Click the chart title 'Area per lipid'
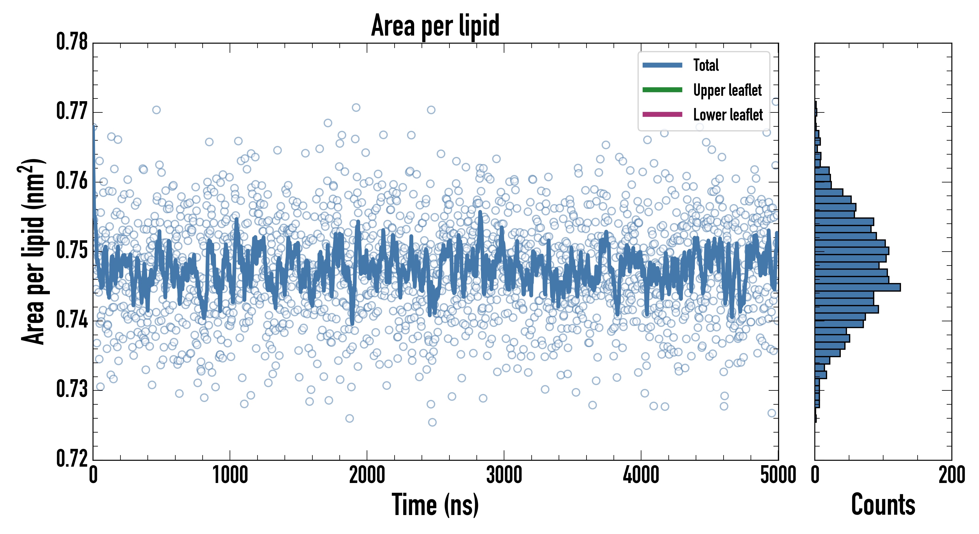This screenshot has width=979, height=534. [435, 26]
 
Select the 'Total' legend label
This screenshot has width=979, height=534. [706, 65]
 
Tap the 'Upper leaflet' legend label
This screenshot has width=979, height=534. [727, 90]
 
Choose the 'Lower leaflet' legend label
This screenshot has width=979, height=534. [728, 115]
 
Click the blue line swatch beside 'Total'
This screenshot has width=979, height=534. [662, 65]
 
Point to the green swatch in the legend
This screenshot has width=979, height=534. [662, 90]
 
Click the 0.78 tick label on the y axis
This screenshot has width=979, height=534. [72, 42]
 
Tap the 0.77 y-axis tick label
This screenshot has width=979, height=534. [72, 111]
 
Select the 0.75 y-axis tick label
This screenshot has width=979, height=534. [72, 250]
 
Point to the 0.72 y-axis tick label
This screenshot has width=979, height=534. [72, 458]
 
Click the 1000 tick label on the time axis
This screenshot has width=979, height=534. [230, 475]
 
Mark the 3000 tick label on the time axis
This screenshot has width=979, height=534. [504, 475]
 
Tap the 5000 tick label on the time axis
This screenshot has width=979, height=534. [778, 475]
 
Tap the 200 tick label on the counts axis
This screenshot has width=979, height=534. [951, 475]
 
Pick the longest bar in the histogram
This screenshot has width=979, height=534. [857, 287]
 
